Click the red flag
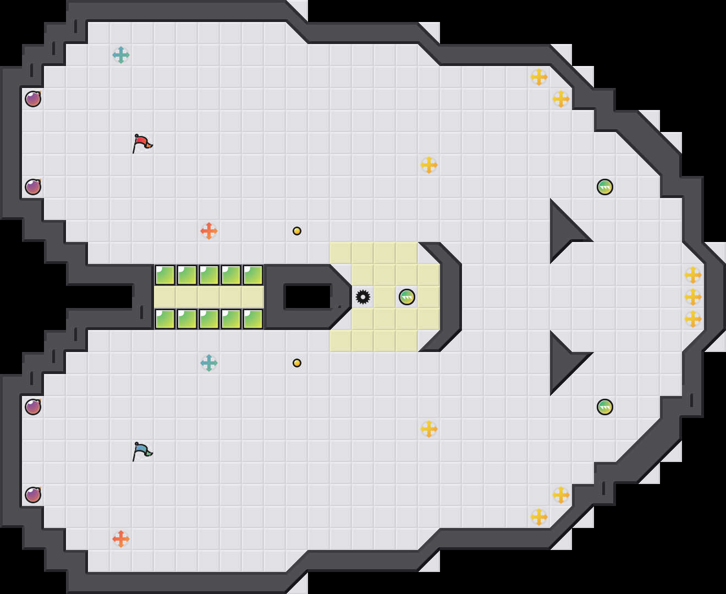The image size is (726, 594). point(142,142)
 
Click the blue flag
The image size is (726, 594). point(142,450)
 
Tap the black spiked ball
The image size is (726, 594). point(363,297)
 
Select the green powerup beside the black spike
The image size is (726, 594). point(407,297)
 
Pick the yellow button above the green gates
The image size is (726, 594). point(297,231)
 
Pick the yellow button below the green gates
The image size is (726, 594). point(297,363)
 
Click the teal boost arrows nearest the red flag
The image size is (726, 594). point(121,55)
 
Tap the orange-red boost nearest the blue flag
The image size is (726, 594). point(121,539)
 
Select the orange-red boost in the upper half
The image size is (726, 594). point(209,231)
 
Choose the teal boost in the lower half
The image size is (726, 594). point(209,363)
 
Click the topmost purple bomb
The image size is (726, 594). point(33,99)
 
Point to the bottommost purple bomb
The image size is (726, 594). point(33,495)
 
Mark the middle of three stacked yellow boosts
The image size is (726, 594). point(693,297)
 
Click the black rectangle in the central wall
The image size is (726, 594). point(307,297)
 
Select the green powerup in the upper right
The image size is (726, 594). point(605,187)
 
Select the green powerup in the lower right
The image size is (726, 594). point(605,407)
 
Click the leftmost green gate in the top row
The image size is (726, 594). point(165,275)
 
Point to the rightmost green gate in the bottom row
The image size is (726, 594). point(253,319)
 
